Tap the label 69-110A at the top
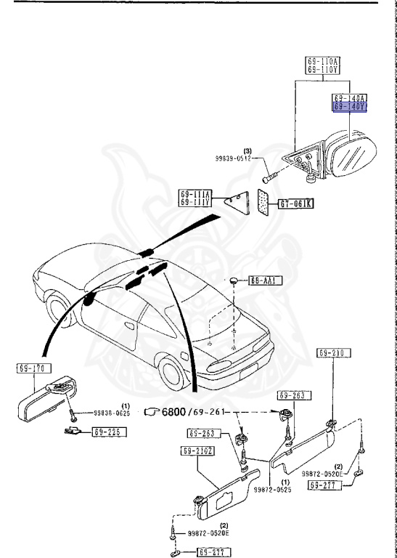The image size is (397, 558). click(x=324, y=62)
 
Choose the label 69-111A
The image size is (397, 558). click(x=196, y=195)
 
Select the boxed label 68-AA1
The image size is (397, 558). click(x=266, y=280)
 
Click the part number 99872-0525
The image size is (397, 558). click(x=272, y=490)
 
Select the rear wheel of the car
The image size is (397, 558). click(x=174, y=374)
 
